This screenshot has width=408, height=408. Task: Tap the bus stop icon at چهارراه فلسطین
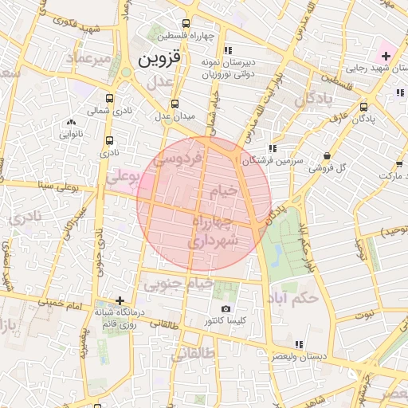(186, 24)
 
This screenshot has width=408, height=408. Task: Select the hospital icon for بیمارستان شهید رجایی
(386, 55)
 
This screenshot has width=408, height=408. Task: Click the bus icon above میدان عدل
(175, 104)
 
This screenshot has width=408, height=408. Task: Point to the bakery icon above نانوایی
(72, 122)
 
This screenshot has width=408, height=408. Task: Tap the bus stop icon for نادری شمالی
(109, 99)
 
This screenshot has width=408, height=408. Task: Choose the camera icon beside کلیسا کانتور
(226, 308)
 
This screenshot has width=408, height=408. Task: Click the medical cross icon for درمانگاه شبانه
(120, 301)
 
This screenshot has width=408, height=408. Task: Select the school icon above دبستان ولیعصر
(299, 344)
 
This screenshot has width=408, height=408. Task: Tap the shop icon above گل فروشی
(328, 155)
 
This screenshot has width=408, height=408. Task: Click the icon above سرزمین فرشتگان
(273, 148)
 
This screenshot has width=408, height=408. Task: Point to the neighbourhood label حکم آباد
(294, 296)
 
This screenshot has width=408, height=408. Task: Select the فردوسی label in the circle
(182, 159)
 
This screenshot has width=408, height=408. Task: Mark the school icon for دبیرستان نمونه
(229, 50)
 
